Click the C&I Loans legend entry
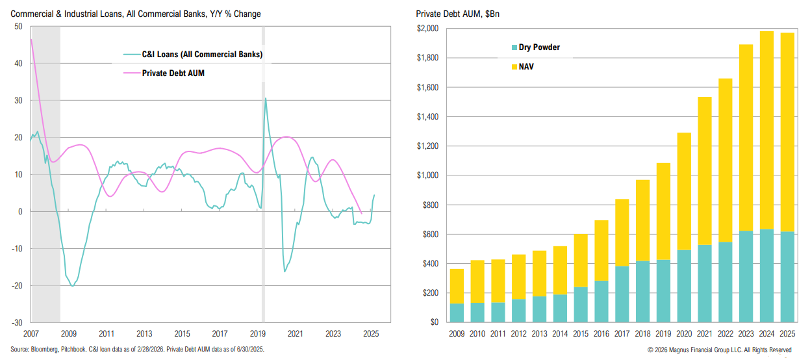click(x=202, y=55)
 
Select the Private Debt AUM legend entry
click(x=173, y=73)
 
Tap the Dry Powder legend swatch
click(x=514, y=47)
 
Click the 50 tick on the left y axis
click(x=18, y=27)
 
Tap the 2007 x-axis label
click(x=31, y=333)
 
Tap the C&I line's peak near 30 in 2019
click(x=265, y=99)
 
